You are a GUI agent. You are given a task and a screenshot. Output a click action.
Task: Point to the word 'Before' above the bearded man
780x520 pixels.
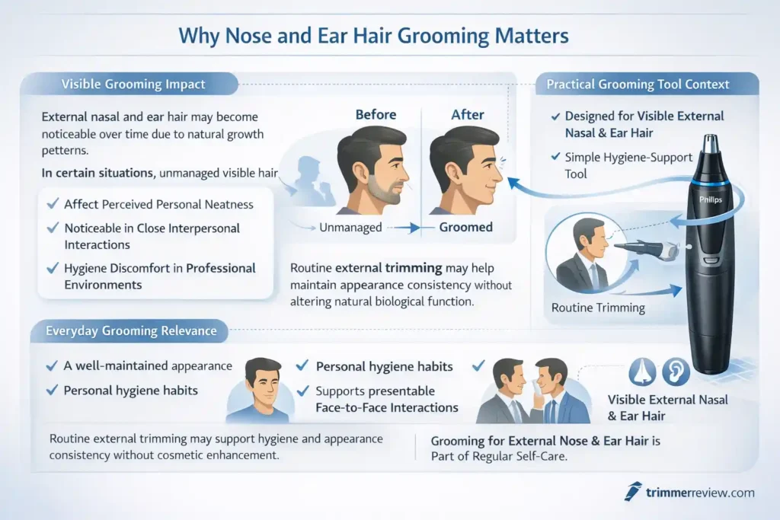pyautogui.click(x=376, y=115)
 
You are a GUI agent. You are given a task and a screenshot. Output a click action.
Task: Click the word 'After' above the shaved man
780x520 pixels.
pyautogui.click(x=468, y=115)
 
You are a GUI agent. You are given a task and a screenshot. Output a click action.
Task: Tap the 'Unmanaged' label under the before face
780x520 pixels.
pyautogui.click(x=349, y=227)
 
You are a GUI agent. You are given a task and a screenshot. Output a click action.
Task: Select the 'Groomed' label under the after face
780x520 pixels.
pyautogui.click(x=466, y=227)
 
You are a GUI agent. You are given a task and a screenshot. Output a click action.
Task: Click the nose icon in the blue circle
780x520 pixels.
pyautogui.click(x=642, y=372)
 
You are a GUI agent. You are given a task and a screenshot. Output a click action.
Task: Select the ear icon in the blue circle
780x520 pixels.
pyautogui.click(x=676, y=372)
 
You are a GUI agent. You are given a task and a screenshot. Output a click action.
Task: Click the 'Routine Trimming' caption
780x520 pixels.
pyautogui.click(x=598, y=308)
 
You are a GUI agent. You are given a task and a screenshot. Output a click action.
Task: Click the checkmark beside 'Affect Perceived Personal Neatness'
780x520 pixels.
pyautogui.click(x=53, y=204)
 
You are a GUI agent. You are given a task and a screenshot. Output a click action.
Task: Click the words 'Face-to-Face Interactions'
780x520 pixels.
pyautogui.click(x=387, y=407)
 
